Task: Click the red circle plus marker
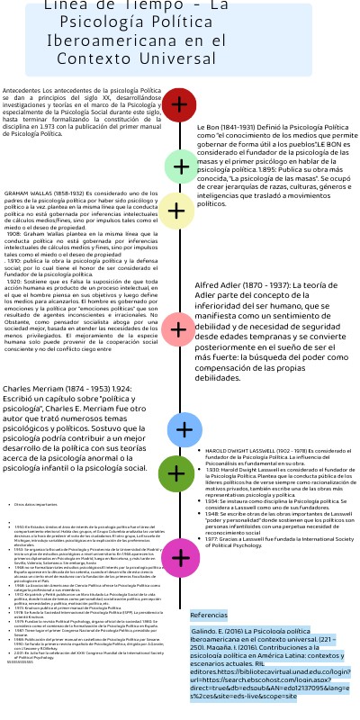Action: (180, 105)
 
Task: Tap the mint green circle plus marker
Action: (181, 166)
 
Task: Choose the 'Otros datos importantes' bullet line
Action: (36, 505)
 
